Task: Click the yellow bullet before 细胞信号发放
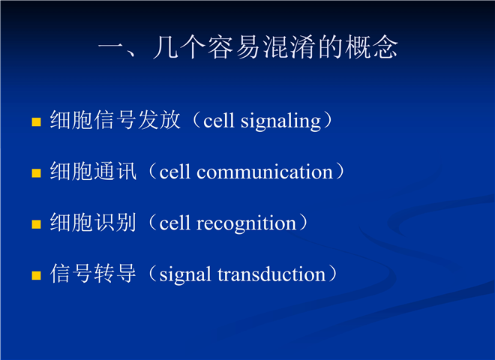[37, 122]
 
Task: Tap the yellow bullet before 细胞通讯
[37, 173]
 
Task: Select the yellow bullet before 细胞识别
[37, 224]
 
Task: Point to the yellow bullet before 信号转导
[37, 275]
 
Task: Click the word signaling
[280, 121]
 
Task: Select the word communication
[265, 172]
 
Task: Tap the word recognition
[246, 224]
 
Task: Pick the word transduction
[271, 274]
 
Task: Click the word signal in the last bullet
[185, 275]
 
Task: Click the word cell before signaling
[219, 120]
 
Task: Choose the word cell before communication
[175, 172]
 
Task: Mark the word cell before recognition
[175, 223]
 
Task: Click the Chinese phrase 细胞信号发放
[115, 120]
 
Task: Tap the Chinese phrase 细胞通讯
[93, 171]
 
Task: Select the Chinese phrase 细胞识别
[93, 222]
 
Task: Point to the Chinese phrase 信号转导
[93, 274]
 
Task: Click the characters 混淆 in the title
[289, 47]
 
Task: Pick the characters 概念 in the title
[370, 47]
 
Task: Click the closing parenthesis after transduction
[333, 274]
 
